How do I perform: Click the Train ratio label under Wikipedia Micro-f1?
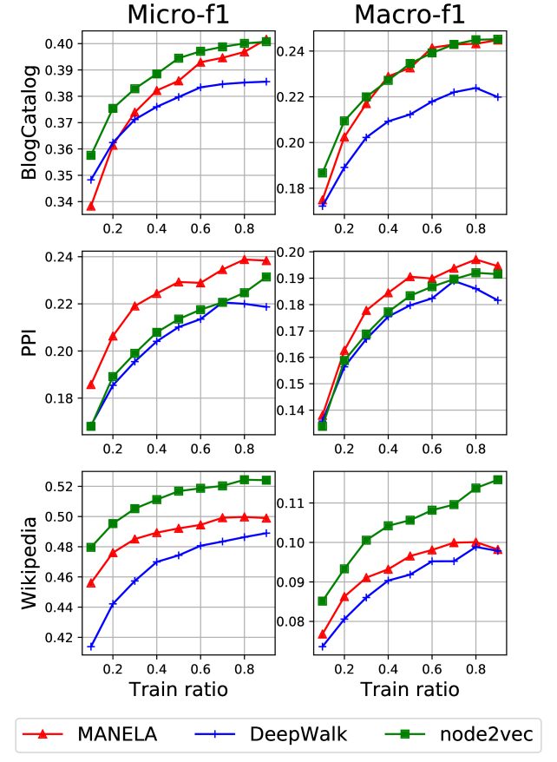(x=180, y=690)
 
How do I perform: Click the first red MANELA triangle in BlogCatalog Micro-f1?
(x=91, y=206)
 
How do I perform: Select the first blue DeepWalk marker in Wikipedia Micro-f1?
(x=91, y=647)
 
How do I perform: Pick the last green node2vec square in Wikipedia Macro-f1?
(x=498, y=479)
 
